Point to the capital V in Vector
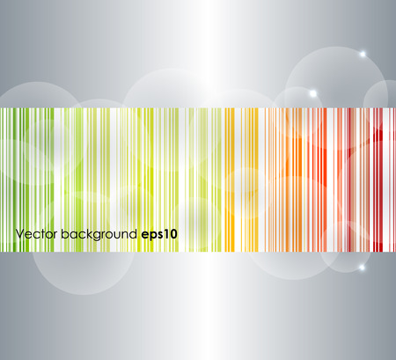coord(18,234)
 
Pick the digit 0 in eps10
coord(174,234)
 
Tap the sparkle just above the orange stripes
coord(312,92)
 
